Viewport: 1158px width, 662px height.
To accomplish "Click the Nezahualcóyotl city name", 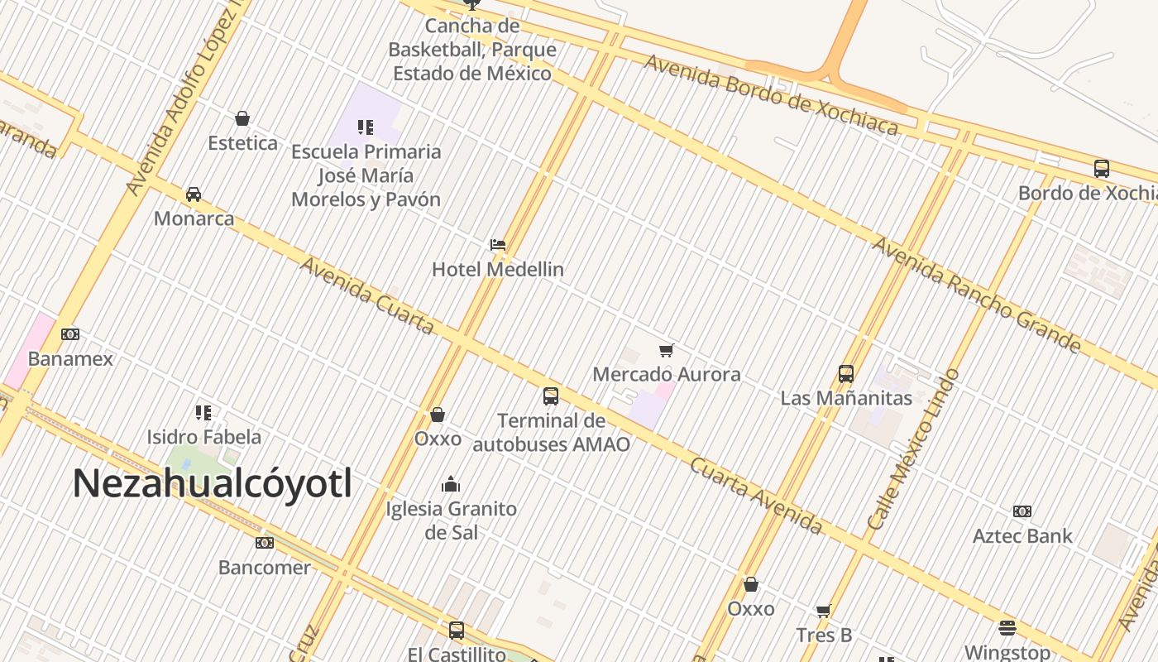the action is [x=213, y=483].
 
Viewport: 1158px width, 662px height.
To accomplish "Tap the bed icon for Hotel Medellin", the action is [x=498, y=244].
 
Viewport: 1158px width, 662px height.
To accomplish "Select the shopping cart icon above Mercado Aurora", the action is [x=667, y=350].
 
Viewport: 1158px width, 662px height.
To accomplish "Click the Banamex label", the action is [x=70, y=359].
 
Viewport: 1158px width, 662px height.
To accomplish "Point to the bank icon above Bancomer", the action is [x=265, y=543].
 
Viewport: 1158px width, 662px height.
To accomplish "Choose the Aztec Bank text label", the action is [x=1022, y=536].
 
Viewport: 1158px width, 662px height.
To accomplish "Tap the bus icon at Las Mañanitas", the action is [x=846, y=373].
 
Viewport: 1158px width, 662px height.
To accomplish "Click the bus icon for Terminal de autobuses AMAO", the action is [x=551, y=396].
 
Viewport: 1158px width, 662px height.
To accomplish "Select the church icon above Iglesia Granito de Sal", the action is [x=451, y=484].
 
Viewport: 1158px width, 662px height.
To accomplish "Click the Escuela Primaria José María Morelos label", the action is [x=366, y=175].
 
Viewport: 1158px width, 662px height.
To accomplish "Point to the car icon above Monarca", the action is [x=194, y=194].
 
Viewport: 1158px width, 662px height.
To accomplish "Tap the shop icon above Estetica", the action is [x=242, y=118].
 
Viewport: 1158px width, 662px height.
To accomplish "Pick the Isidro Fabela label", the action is [x=203, y=437].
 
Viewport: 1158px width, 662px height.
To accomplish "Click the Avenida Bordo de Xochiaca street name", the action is [x=771, y=94].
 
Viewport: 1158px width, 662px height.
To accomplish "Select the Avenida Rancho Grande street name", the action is [x=976, y=294].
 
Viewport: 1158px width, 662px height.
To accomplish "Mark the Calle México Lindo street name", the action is [x=914, y=449].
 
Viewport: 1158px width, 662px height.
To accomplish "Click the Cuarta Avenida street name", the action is [x=756, y=496].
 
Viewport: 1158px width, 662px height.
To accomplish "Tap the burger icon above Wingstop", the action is [x=1007, y=627].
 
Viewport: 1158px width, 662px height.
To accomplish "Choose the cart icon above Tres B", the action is [x=823, y=611].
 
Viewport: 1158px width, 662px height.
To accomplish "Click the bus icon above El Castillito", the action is [x=457, y=631].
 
